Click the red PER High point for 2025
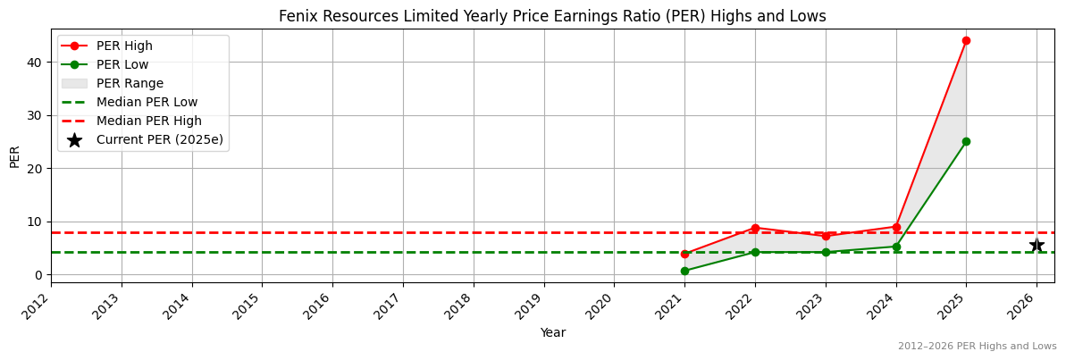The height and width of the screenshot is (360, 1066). (x=966, y=40)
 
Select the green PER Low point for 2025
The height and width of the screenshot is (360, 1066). (x=966, y=141)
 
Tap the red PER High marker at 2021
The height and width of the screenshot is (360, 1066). (x=684, y=254)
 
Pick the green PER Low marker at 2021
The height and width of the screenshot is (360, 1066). (x=684, y=271)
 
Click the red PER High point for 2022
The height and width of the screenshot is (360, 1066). (x=755, y=228)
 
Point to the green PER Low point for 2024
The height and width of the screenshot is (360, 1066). (x=896, y=247)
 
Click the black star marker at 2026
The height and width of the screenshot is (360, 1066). (x=1037, y=245)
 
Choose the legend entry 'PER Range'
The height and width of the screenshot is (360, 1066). (x=130, y=83)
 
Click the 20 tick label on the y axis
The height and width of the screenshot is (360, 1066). (x=34, y=168)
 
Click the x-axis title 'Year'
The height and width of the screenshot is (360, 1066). (x=552, y=333)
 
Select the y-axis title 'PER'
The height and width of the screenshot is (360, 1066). (x=14, y=156)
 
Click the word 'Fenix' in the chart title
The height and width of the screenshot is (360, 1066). (x=297, y=16)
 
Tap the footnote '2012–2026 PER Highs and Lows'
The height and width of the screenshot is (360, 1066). (x=977, y=346)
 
